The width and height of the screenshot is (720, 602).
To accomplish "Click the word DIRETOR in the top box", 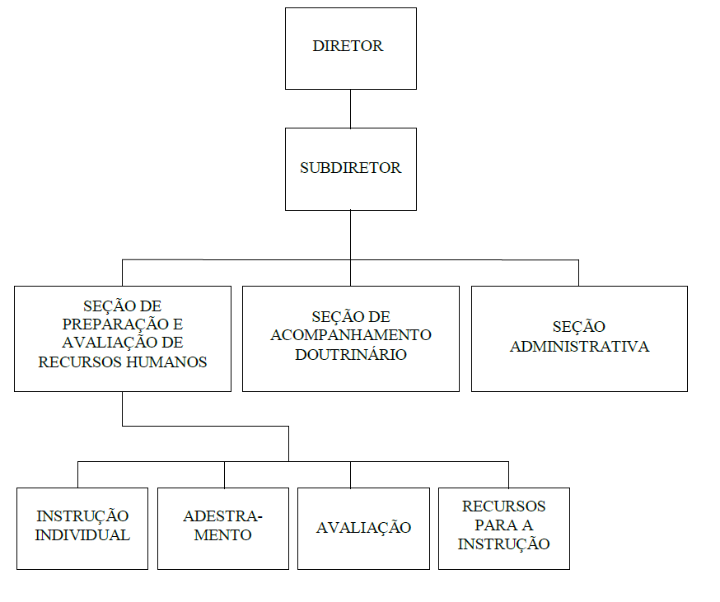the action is (x=348, y=46).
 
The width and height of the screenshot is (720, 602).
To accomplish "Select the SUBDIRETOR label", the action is (x=350, y=168).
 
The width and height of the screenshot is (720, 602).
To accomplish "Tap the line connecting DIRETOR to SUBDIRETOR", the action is (x=350, y=109).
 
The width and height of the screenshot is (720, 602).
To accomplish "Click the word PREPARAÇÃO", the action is (x=115, y=324).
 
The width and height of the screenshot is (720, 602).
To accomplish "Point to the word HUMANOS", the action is (x=166, y=362).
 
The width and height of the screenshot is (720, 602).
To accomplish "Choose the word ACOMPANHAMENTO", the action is (x=351, y=334).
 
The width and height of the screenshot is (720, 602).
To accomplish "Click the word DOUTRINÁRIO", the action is (x=351, y=354).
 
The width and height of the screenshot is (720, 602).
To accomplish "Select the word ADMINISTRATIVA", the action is (x=579, y=346).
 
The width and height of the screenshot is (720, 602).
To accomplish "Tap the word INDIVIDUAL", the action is (x=82, y=535).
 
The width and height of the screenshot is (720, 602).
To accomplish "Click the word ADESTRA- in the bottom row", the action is (x=222, y=516).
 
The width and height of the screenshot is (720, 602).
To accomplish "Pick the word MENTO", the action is (x=222, y=535).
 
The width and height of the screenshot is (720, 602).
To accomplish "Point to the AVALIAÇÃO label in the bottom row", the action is (x=363, y=527).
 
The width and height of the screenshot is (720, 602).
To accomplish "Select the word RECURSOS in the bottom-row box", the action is (x=503, y=506).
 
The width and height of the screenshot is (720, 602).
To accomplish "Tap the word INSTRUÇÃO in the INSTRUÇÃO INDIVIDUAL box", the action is (x=82, y=516).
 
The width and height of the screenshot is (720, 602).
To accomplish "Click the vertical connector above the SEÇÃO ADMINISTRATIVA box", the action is (x=578, y=273).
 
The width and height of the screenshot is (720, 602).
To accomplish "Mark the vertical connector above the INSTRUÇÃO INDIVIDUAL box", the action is (x=77, y=475).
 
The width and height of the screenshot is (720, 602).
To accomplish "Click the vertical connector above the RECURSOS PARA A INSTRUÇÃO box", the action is (x=508, y=475).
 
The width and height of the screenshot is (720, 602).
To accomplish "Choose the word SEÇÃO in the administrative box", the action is (x=578, y=326).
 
